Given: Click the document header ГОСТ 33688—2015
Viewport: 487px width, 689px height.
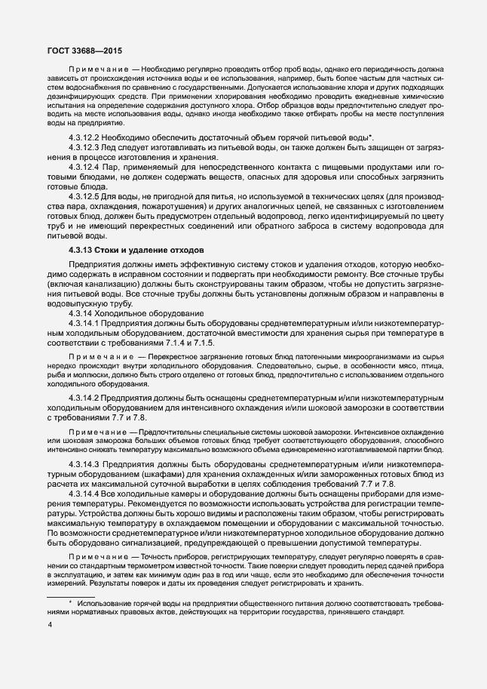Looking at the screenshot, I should coord(79,50).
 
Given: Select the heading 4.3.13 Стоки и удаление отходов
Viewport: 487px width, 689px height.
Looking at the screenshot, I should coord(132,249).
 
